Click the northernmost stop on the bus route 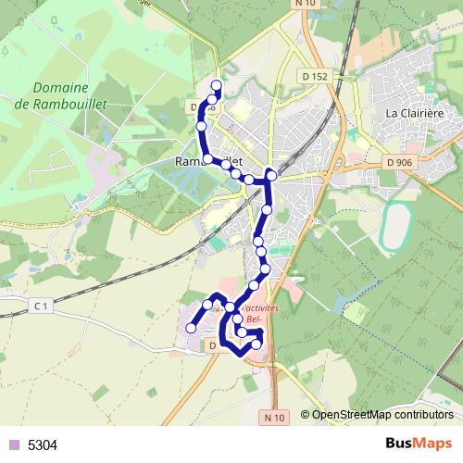pyautogui.click(x=217, y=86)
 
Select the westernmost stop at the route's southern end pyautogui.click(x=192, y=327)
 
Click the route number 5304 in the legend pyautogui.click(x=43, y=445)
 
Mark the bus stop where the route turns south pyautogui.click(x=271, y=174)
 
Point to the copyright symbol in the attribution pyautogui.click(x=306, y=415)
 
